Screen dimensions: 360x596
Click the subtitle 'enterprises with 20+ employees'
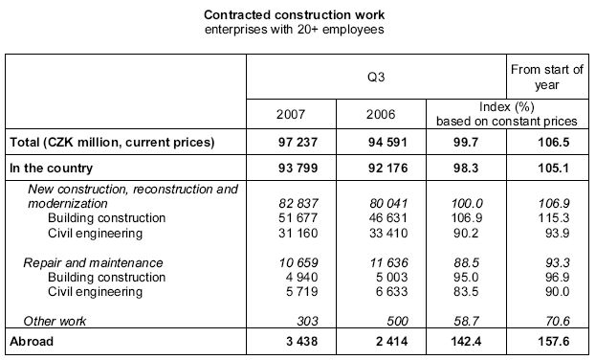tap(298, 30)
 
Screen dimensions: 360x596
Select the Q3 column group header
tap(376, 72)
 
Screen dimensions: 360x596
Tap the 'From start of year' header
tap(548, 78)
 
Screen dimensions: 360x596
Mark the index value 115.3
tap(554, 218)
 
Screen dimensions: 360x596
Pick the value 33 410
tap(384, 233)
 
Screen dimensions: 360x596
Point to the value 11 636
tap(384, 261)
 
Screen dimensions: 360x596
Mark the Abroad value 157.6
tap(555, 340)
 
